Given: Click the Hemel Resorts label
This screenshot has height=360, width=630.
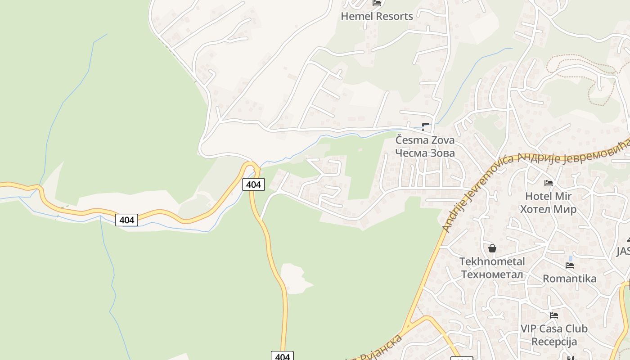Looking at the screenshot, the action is coord(377,17).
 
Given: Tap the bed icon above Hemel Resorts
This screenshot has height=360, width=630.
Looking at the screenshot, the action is coord(377,3).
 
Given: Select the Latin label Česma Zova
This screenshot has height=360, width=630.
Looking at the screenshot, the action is coord(425,140).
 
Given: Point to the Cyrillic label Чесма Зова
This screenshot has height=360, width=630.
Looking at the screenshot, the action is coord(425,153).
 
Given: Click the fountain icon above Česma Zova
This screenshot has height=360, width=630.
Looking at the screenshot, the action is coord(425,126).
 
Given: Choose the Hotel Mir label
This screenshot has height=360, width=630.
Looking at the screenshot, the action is coord(548,196).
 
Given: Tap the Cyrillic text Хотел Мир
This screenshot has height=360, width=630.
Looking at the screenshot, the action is coord(548,209).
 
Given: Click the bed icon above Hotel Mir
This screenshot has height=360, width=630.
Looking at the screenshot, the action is coord(548,183).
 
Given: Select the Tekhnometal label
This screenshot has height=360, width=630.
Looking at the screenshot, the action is coord(492,261).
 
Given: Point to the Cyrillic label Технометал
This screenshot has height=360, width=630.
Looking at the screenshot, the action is coord(492,274).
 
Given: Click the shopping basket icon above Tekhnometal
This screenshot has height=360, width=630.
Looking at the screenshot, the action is coord(492,248).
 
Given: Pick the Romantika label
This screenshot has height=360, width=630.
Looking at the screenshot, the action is coord(569,279).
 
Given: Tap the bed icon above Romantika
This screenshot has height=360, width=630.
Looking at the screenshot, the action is coord(569,265).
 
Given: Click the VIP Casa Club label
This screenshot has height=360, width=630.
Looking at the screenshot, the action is coord(554,329).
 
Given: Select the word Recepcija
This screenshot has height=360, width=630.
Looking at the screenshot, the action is coord(554,342).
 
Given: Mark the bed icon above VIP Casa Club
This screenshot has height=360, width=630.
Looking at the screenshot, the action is coord(554,315).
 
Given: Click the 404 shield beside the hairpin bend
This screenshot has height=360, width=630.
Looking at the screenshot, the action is coord(253,184).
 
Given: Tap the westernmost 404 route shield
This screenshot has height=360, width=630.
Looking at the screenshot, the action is coord(126,220).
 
